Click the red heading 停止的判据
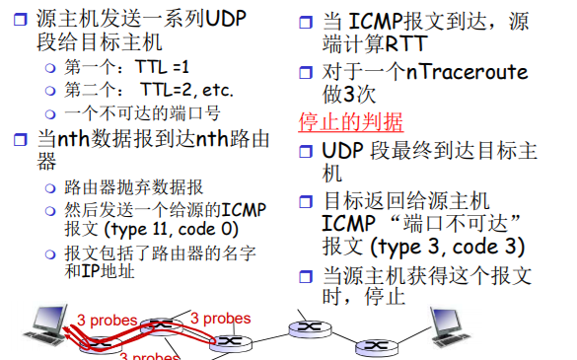pyautogui.click(x=350, y=122)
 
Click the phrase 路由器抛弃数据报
pyautogui.click(x=134, y=186)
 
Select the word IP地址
pyautogui.click(x=107, y=271)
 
